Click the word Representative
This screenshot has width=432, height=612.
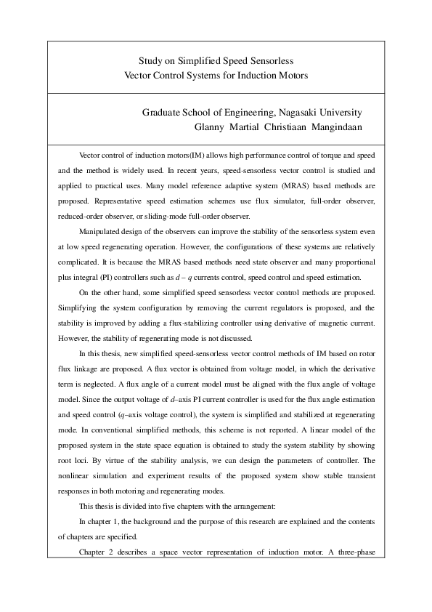pyautogui.click(x=106, y=196)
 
